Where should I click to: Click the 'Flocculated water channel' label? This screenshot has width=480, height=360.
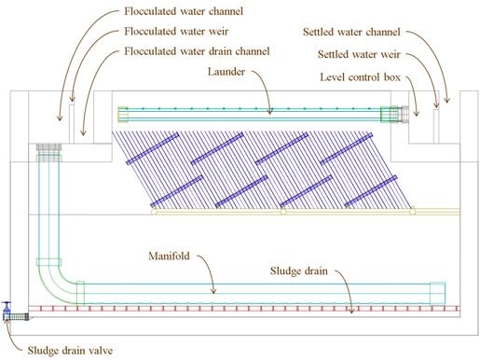pos(184,11)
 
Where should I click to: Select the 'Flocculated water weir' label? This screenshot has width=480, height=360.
pos(176,31)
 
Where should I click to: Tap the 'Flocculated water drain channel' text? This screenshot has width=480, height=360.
pos(197,51)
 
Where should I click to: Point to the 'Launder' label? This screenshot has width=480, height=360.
pos(226,72)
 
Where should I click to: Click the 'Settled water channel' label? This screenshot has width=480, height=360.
pos(351,32)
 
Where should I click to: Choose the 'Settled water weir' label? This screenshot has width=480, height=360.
pos(359,54)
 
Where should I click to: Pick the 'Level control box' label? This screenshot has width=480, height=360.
pos(360,76)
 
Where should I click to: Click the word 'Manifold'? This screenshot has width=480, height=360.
pos(169,256)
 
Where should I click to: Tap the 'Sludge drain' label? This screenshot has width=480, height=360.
pos(298,270)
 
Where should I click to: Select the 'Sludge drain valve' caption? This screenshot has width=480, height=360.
pos(70,351)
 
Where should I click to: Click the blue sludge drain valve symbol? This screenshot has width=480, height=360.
pos(7,311)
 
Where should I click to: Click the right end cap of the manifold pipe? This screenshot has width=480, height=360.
pos(437,294)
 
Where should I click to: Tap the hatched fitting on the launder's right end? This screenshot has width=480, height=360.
pos(394,115)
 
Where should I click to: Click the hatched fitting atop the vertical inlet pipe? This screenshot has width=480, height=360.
pos(48,152)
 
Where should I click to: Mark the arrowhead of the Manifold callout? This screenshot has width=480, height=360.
pos(213,291)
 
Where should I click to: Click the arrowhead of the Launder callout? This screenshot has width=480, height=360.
pos(270,111)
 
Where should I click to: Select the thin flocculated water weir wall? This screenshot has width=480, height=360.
pos(72,124)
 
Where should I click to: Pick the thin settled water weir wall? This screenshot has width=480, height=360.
pos(436,126)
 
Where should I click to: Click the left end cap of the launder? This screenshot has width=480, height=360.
pos(123,115)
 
